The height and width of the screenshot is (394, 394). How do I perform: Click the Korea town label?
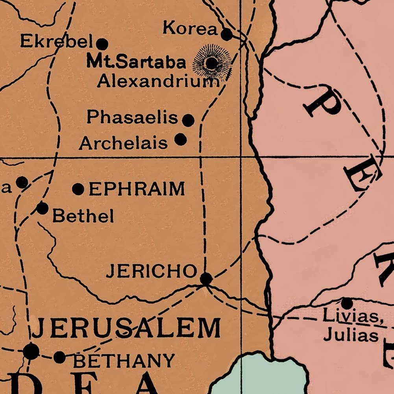[x=190, y=29]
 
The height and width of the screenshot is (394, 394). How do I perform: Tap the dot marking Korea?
[x=227, y=35]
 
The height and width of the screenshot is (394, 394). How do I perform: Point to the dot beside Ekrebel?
[x=102, y=43]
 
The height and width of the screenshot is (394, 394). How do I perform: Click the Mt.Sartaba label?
[x=136, y=62]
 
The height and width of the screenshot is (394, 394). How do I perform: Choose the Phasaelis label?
[x=133, y=117]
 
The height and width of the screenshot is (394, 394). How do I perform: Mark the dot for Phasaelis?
[x=189, y=120]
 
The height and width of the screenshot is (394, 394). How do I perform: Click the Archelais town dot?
[x=180, y=139]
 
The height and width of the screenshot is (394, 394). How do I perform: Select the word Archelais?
[x=123, y=143]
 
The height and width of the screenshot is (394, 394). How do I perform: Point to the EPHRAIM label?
[x=137, y=189]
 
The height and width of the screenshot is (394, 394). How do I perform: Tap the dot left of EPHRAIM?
[x=78, y=189]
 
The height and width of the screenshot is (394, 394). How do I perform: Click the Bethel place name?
[x=83, y=216]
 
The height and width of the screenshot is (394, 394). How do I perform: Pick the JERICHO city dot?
[x=206, y=279]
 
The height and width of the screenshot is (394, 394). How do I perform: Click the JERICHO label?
[x=151, y=271]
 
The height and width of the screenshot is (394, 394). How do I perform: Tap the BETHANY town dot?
[x=60, y=357]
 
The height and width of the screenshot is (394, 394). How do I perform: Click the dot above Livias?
[x=347, y=303]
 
